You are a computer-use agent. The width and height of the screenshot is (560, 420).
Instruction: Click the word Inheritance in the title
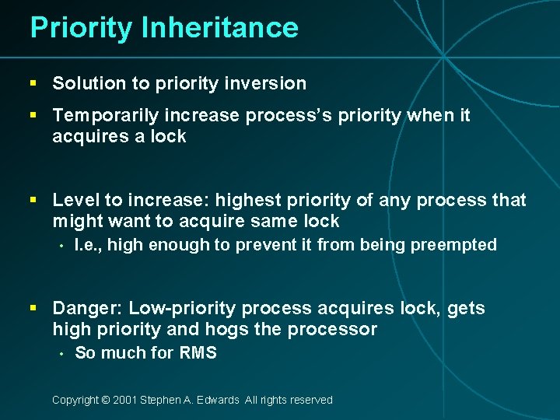tap(219, 28)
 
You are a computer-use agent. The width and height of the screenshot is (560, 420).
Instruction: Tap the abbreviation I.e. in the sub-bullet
tap(88, 245)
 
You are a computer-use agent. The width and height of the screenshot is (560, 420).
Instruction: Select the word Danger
tap(86, 309)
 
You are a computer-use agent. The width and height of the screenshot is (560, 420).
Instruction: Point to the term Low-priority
tap(178, 309)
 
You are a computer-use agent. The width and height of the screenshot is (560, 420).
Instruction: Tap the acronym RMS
tap(198, 353)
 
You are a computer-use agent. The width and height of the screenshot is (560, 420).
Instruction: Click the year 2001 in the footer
tap(125, 400)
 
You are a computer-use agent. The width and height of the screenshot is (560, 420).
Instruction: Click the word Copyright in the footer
tap(75, 400)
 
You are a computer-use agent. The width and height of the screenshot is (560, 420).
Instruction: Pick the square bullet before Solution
tap(33, 83)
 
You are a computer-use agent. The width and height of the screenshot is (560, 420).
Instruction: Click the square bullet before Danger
tap(33, 309)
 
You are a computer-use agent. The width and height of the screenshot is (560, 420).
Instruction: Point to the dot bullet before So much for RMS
tap(60, 354)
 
